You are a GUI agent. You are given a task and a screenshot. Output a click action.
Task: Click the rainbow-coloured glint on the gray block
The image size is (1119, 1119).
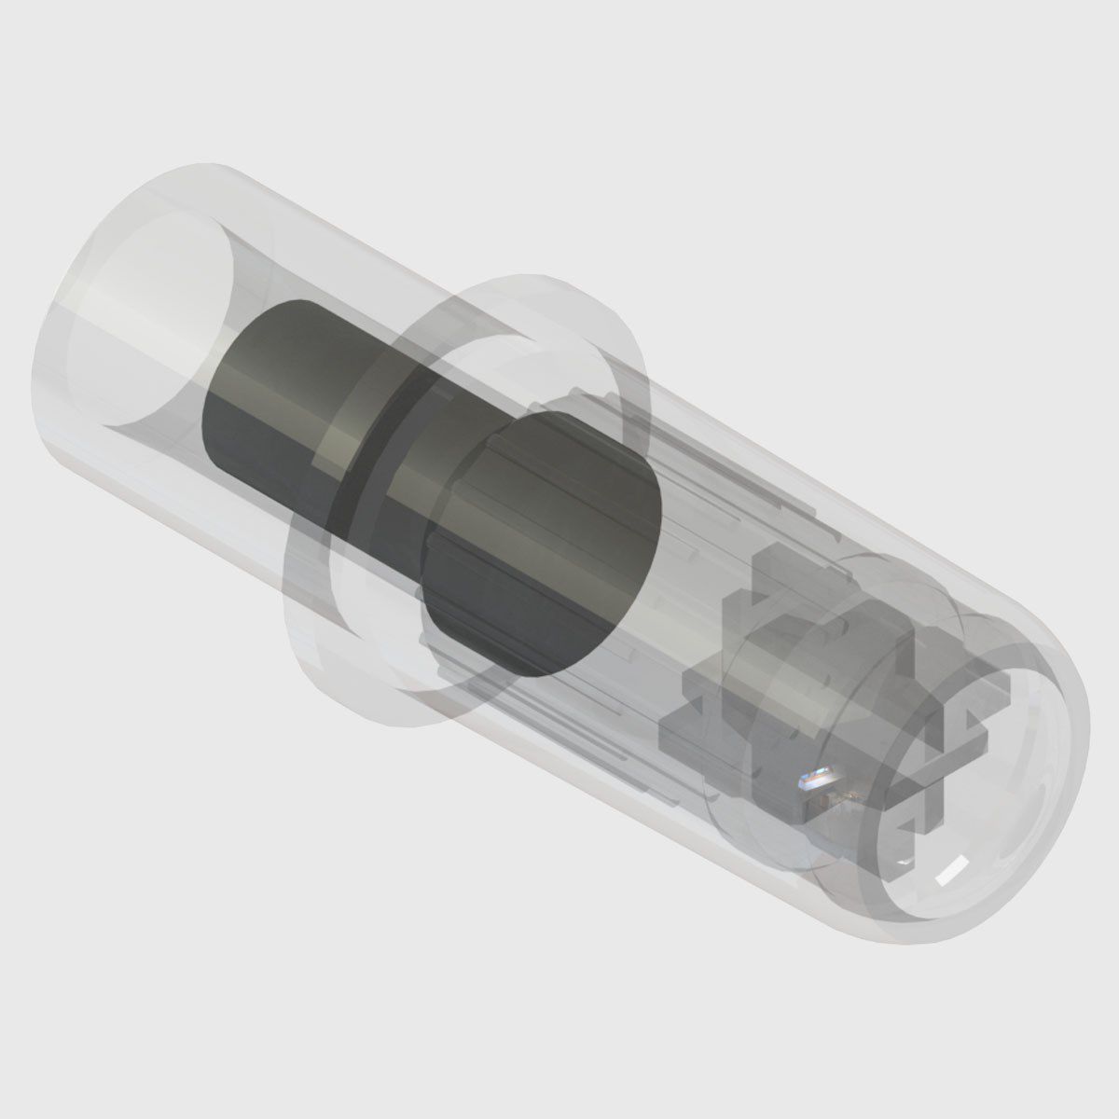pyautogui.click(x=818, y=776)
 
